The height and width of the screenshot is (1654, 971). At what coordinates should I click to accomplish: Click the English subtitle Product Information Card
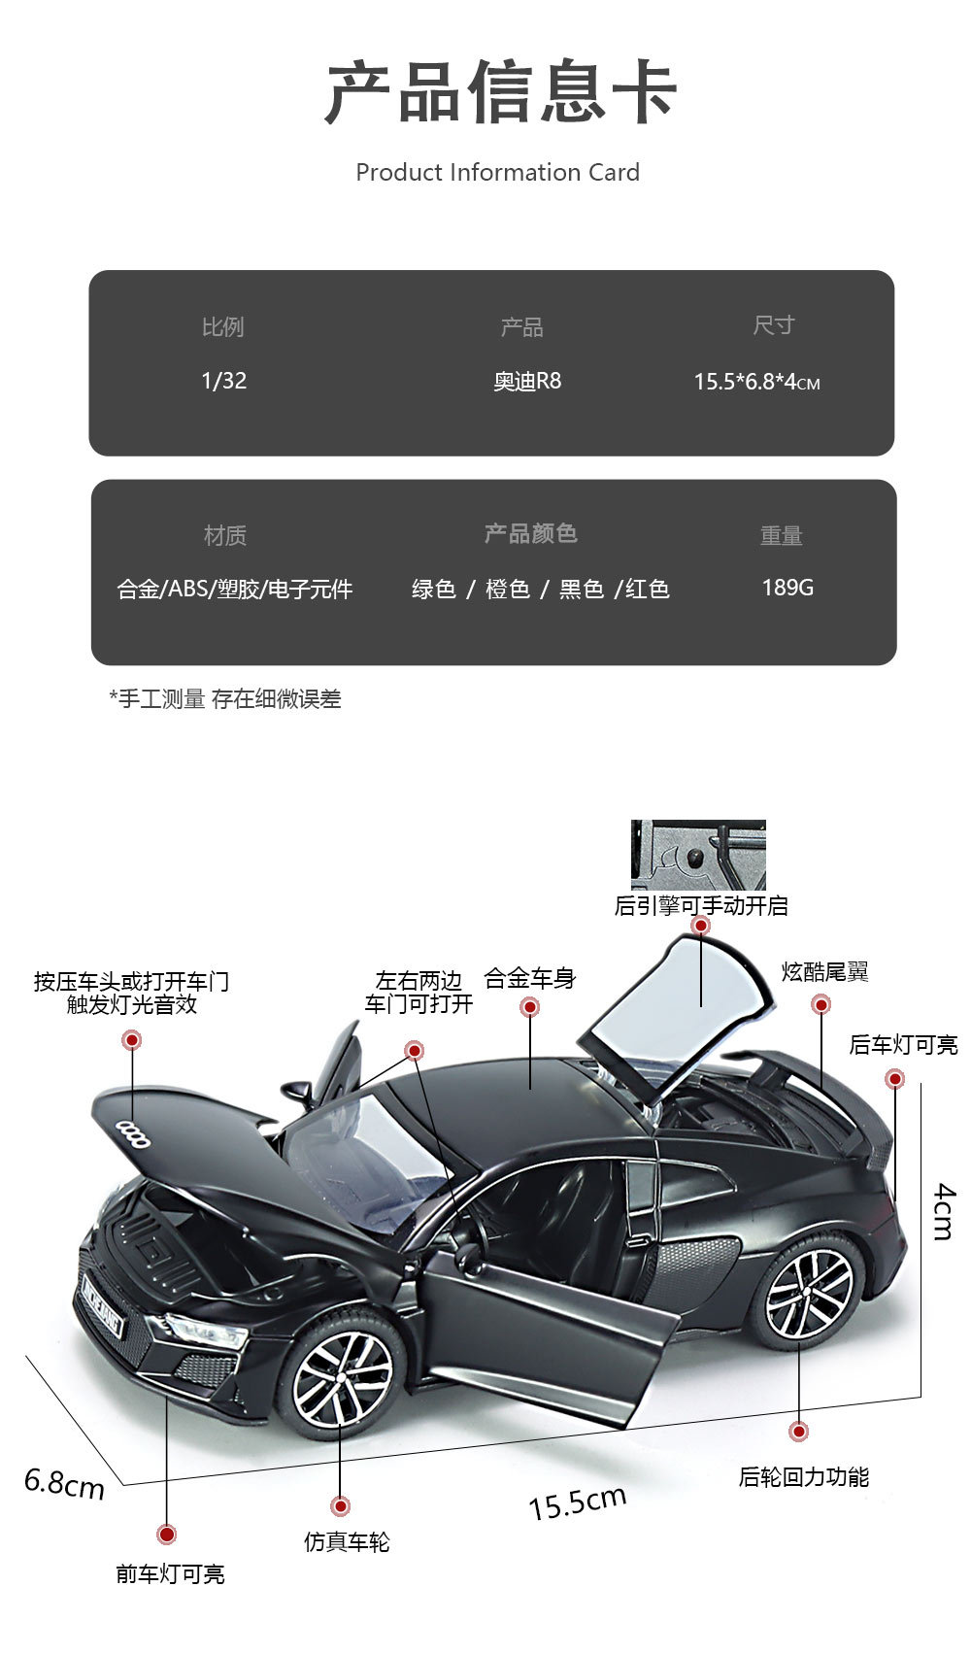point(497,173)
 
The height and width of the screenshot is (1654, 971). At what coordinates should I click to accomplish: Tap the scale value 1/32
point(223,381)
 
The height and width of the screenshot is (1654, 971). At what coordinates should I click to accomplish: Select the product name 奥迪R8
point(526,381)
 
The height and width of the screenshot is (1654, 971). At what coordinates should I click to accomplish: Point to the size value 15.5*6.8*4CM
point(756,382)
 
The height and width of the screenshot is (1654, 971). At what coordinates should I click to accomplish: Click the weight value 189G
point(787,588)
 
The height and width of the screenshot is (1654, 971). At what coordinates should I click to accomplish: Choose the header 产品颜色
point(530,533)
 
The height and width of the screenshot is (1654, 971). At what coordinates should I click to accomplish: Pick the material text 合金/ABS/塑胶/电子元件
point(234,589)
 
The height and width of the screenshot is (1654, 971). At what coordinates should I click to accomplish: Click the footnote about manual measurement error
point(224,699)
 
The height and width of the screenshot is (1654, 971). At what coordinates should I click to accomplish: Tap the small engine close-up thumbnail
point(698,855)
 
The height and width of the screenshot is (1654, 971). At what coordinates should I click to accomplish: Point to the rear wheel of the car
point(809,1293)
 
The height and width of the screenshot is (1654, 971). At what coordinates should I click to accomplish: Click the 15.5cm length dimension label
point(577,1502)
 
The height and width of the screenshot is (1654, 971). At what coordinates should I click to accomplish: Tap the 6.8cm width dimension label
point(64,1483)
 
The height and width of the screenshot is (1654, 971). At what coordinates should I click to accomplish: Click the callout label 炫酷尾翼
point(824,971)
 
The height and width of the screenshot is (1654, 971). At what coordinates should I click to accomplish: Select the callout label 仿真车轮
point(346,1541)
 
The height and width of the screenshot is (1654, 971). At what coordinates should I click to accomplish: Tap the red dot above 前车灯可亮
point(167,1535)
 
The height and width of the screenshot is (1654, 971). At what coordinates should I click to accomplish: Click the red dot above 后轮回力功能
point(798,1431)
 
